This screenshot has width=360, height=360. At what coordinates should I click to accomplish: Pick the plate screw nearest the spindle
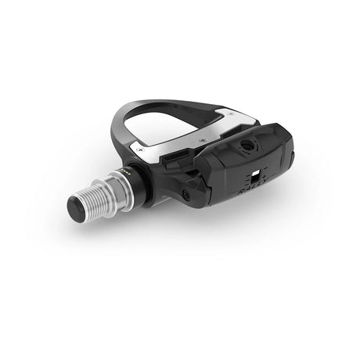[x=139, y=149]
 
